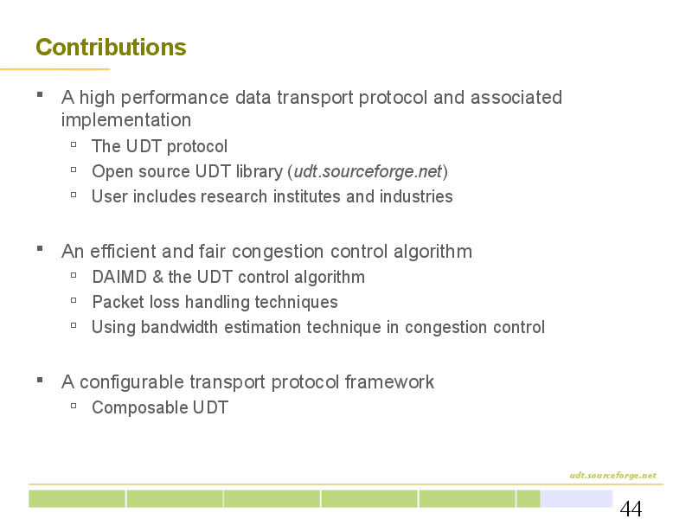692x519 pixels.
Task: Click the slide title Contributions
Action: coord(111,48)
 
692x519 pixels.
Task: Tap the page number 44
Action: coord(631,509)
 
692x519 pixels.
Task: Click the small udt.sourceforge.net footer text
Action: coord(613,475)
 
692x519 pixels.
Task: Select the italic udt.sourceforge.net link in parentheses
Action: coord(368,171)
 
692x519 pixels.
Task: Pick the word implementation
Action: coord(126,120)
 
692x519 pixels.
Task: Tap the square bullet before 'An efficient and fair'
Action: coord(40,248)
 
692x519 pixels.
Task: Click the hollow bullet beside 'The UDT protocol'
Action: coord(74,144)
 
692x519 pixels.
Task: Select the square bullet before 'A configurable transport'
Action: coord(40,380)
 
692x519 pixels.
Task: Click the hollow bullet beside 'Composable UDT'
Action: coord(74,405)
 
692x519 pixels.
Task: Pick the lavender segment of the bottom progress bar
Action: coord(576,499)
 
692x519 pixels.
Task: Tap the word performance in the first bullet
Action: coord(175,98)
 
